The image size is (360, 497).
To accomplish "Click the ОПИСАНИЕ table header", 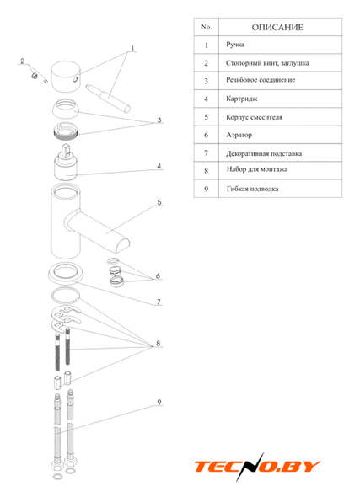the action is point(277,27).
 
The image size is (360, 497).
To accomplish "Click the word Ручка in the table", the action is point(235,45).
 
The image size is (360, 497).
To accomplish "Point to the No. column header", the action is point(207,27).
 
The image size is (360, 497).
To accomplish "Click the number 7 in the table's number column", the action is point(207,153).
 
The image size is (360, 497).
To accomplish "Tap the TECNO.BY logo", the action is point(257,467).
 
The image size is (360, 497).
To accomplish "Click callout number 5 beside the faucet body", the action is point(159,202).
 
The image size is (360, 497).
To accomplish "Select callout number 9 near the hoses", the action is point(159,402).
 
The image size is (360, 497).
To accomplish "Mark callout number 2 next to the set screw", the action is point(23,61).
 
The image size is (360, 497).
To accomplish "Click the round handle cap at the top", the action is point(67,77).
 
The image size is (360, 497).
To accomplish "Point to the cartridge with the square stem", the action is point(66,163).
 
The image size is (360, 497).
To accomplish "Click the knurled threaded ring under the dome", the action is point(66,131).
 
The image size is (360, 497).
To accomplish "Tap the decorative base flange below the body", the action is point(66,273).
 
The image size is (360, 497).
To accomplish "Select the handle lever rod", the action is point(108,99).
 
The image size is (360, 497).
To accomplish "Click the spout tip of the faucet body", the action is point(123,246).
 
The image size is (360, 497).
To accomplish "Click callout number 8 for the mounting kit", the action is point(158,344).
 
